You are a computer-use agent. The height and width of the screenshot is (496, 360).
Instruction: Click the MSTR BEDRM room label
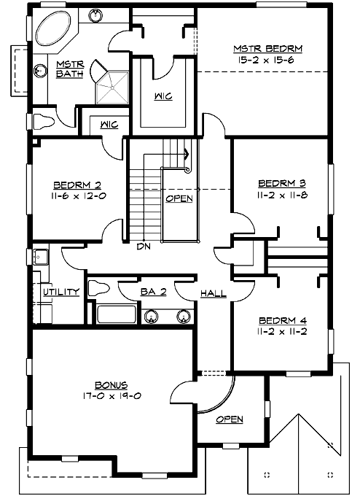point(267,48)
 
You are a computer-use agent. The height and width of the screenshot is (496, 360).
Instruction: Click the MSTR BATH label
point(70,69)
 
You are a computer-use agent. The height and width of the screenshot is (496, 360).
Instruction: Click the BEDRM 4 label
point(281,319)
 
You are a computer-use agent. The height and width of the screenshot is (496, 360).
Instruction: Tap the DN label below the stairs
point(143,246)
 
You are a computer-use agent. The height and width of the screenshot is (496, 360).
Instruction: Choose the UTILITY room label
point(61,292)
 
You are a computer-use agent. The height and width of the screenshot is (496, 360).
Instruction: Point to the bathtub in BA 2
point(116,315)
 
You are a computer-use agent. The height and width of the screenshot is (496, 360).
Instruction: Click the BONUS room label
point(111,384)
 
